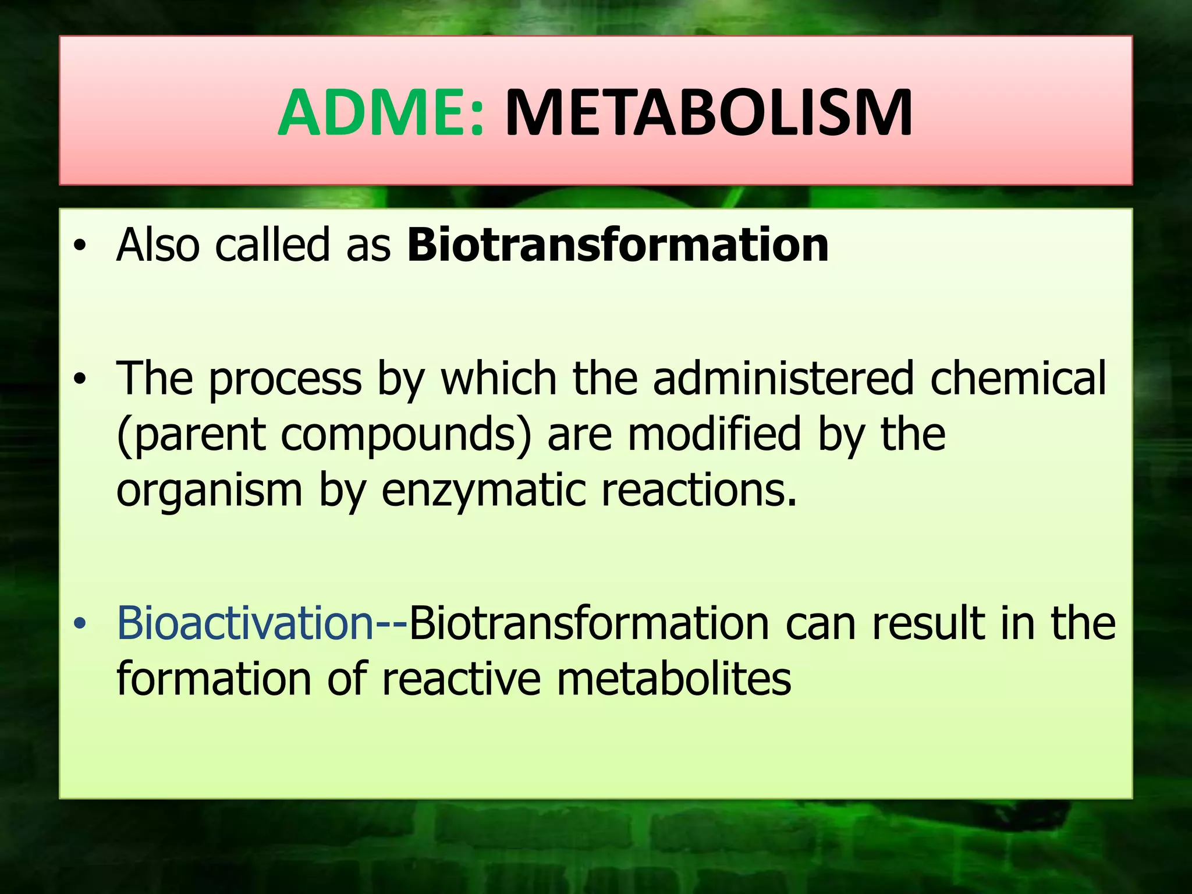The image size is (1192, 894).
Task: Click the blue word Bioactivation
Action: coord(244,623)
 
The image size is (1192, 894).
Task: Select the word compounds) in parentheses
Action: coord(406,435)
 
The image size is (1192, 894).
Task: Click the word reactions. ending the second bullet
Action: coord(698,491)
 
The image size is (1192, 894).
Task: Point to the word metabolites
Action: coord(673,679)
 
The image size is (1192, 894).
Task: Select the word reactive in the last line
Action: coord(461,679)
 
